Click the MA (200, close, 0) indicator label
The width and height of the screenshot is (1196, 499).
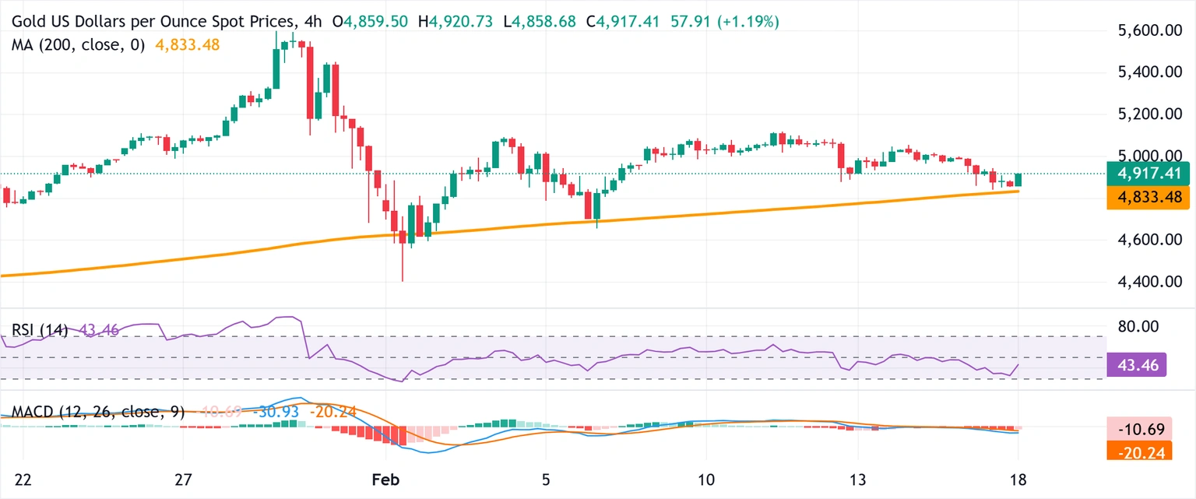point(78,45)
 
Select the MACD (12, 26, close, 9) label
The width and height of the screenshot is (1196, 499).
point(97,413)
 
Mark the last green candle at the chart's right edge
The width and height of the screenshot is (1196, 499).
point(1018,181)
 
